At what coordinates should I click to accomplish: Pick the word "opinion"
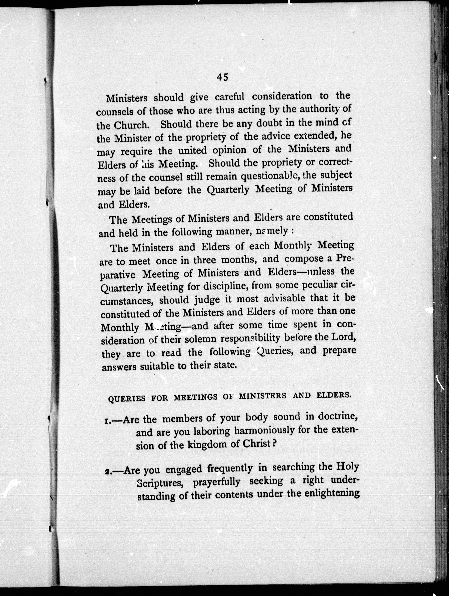coord(229,150)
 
